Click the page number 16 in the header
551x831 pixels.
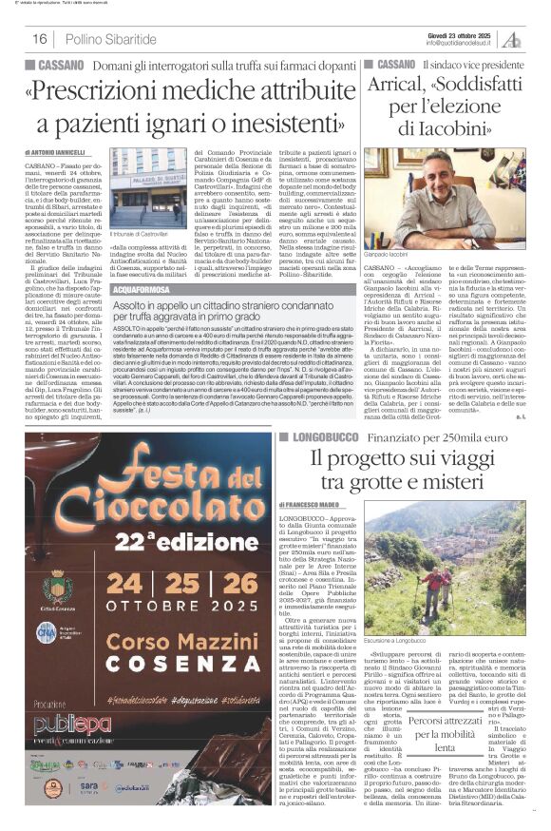click(40, 39)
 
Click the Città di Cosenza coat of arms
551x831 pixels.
click(58, 585)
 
